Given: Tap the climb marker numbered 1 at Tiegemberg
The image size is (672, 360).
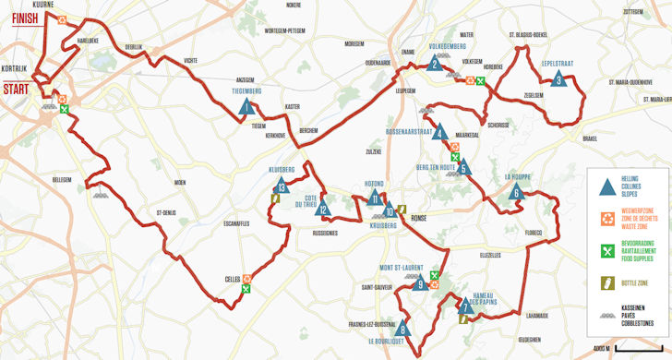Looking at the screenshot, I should point(246,107).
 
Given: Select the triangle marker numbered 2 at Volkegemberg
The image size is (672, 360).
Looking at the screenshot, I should point(434,63).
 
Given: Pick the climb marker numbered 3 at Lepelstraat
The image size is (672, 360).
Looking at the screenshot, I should point(558,80).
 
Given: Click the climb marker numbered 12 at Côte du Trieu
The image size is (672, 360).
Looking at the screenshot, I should point(323,210).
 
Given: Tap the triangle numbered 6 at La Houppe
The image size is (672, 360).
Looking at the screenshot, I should point(517,193).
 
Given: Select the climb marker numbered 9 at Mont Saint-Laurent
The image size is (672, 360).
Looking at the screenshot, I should point(420,284).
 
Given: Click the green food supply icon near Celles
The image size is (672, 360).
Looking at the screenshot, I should point(246,289).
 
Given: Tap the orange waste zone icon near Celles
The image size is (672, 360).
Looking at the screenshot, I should point(247,277).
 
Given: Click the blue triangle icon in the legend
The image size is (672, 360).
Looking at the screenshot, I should point(606,187).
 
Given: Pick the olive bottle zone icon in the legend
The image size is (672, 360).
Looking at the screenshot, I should point(606,281).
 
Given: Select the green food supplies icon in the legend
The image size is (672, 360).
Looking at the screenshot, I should point(606,250).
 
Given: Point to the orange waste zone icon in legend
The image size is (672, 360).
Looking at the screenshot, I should point(606,219).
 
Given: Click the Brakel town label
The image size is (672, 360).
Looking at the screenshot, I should point(591,138).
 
